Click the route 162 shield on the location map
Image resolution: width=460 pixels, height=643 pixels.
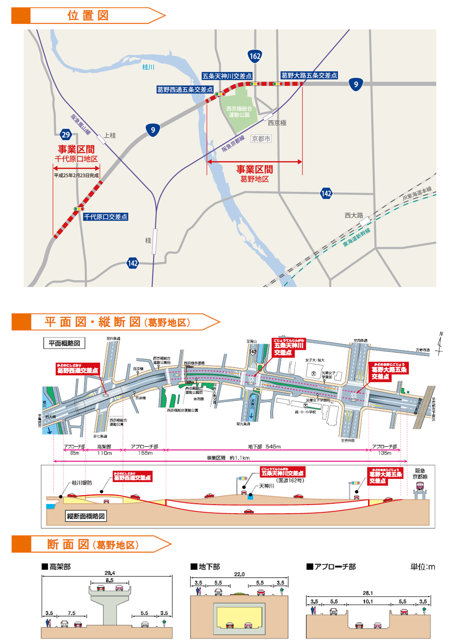coord(255,56)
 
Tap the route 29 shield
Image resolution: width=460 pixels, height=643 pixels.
coord(66,134)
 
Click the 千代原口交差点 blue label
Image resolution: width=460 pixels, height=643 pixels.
coord(105,217)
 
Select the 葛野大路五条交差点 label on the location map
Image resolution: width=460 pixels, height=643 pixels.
coord(309,76)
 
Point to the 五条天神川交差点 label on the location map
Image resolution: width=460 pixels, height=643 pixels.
coord(227,76)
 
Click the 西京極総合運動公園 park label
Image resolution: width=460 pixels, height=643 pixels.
coord(239,111)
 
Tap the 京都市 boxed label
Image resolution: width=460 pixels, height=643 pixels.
coord(261,139)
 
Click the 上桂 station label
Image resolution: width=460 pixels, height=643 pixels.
coord(110,135)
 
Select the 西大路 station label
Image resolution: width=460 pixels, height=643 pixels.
coord(354,215)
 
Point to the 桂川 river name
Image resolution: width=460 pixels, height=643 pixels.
coord(148,67)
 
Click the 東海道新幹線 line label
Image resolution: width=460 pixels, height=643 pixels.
coord(357,237)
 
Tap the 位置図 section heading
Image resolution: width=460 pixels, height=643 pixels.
coord(88,16)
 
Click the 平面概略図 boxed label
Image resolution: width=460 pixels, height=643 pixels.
coord(64,343)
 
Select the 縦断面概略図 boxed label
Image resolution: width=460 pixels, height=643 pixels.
coord(86,516)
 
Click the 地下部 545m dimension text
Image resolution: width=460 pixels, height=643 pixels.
coord(264,447)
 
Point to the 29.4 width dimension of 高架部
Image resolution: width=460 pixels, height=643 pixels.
coord(110,573)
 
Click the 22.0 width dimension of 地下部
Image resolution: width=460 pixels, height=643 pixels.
coord(239,574)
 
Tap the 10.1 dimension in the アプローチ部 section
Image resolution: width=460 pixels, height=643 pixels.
coord(368,601)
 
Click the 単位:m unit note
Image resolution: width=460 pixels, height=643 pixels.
coord(422,567)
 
